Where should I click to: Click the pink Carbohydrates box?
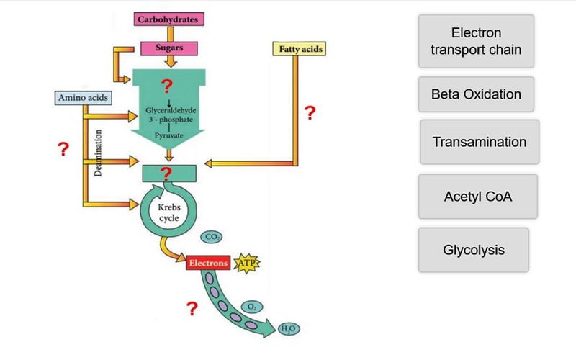tap(167, 19)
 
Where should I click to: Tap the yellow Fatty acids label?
tap(298, 50)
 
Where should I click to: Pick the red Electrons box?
tap(208, 264)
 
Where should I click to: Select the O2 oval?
tap(251, 307)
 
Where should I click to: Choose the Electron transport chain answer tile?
tap(476, 42)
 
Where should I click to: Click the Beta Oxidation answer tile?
tap(476, 94)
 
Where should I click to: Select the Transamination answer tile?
tap(479, 142)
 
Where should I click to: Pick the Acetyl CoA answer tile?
tap(478, 196)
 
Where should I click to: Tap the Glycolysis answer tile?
tap(474, 250)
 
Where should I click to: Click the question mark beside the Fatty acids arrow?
tap(310, 113)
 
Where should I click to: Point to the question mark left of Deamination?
tap(64, 150)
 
